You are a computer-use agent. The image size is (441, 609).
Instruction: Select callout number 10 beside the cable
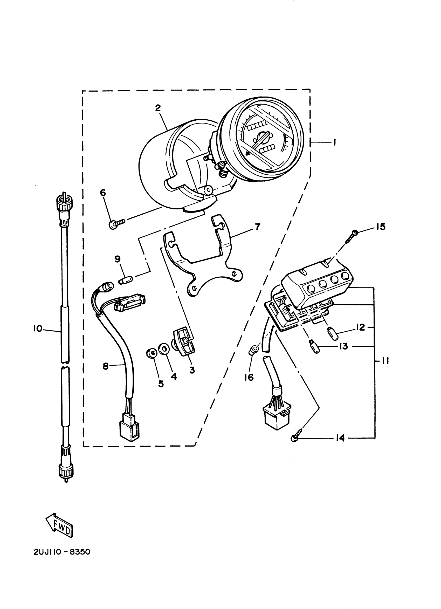point(38,328)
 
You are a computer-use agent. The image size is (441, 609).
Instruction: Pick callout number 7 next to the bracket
point(257,227)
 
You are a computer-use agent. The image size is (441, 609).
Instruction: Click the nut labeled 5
point(151,353)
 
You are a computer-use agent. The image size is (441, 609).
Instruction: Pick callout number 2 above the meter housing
point(158,108)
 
